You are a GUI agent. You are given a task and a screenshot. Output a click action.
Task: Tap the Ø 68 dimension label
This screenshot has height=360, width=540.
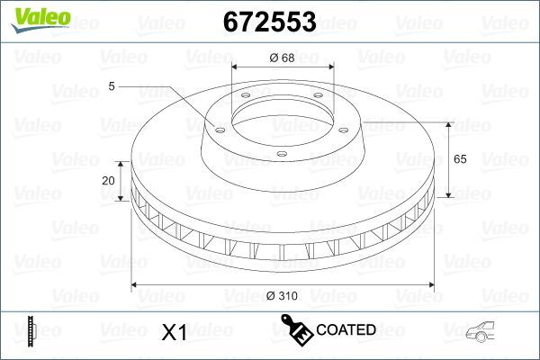(282, 59)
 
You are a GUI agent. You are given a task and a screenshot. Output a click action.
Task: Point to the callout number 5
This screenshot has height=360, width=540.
(111, 86)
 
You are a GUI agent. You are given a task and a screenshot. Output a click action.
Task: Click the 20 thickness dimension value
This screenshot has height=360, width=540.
(109, 181)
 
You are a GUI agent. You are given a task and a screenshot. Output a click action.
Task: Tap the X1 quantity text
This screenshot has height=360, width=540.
(173, 332)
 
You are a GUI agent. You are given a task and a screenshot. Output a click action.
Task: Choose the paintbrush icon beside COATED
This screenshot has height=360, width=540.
(296, 330)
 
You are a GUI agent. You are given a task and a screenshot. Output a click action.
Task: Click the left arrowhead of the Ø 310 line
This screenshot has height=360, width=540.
(135, 285)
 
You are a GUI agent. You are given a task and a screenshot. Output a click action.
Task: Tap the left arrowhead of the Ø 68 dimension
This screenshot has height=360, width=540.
(236, 68)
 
